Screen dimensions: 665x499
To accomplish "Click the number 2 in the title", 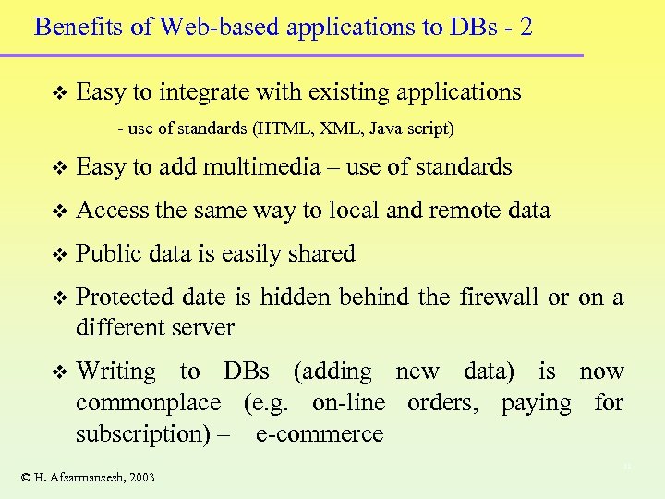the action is click(x=526, y=27).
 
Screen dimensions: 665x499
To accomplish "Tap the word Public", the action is click(x=108, y=254).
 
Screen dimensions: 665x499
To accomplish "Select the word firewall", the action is click(x=499, y=298).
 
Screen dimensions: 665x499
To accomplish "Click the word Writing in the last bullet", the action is click(x=116, y=371).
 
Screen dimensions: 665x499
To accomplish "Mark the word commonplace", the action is click(x=149, y=403).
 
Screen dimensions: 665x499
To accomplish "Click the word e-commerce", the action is click(x=319, y=434).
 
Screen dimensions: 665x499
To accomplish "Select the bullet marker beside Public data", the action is click(x=61, y=255).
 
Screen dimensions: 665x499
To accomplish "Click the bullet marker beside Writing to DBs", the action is click(x=61, y=372).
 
